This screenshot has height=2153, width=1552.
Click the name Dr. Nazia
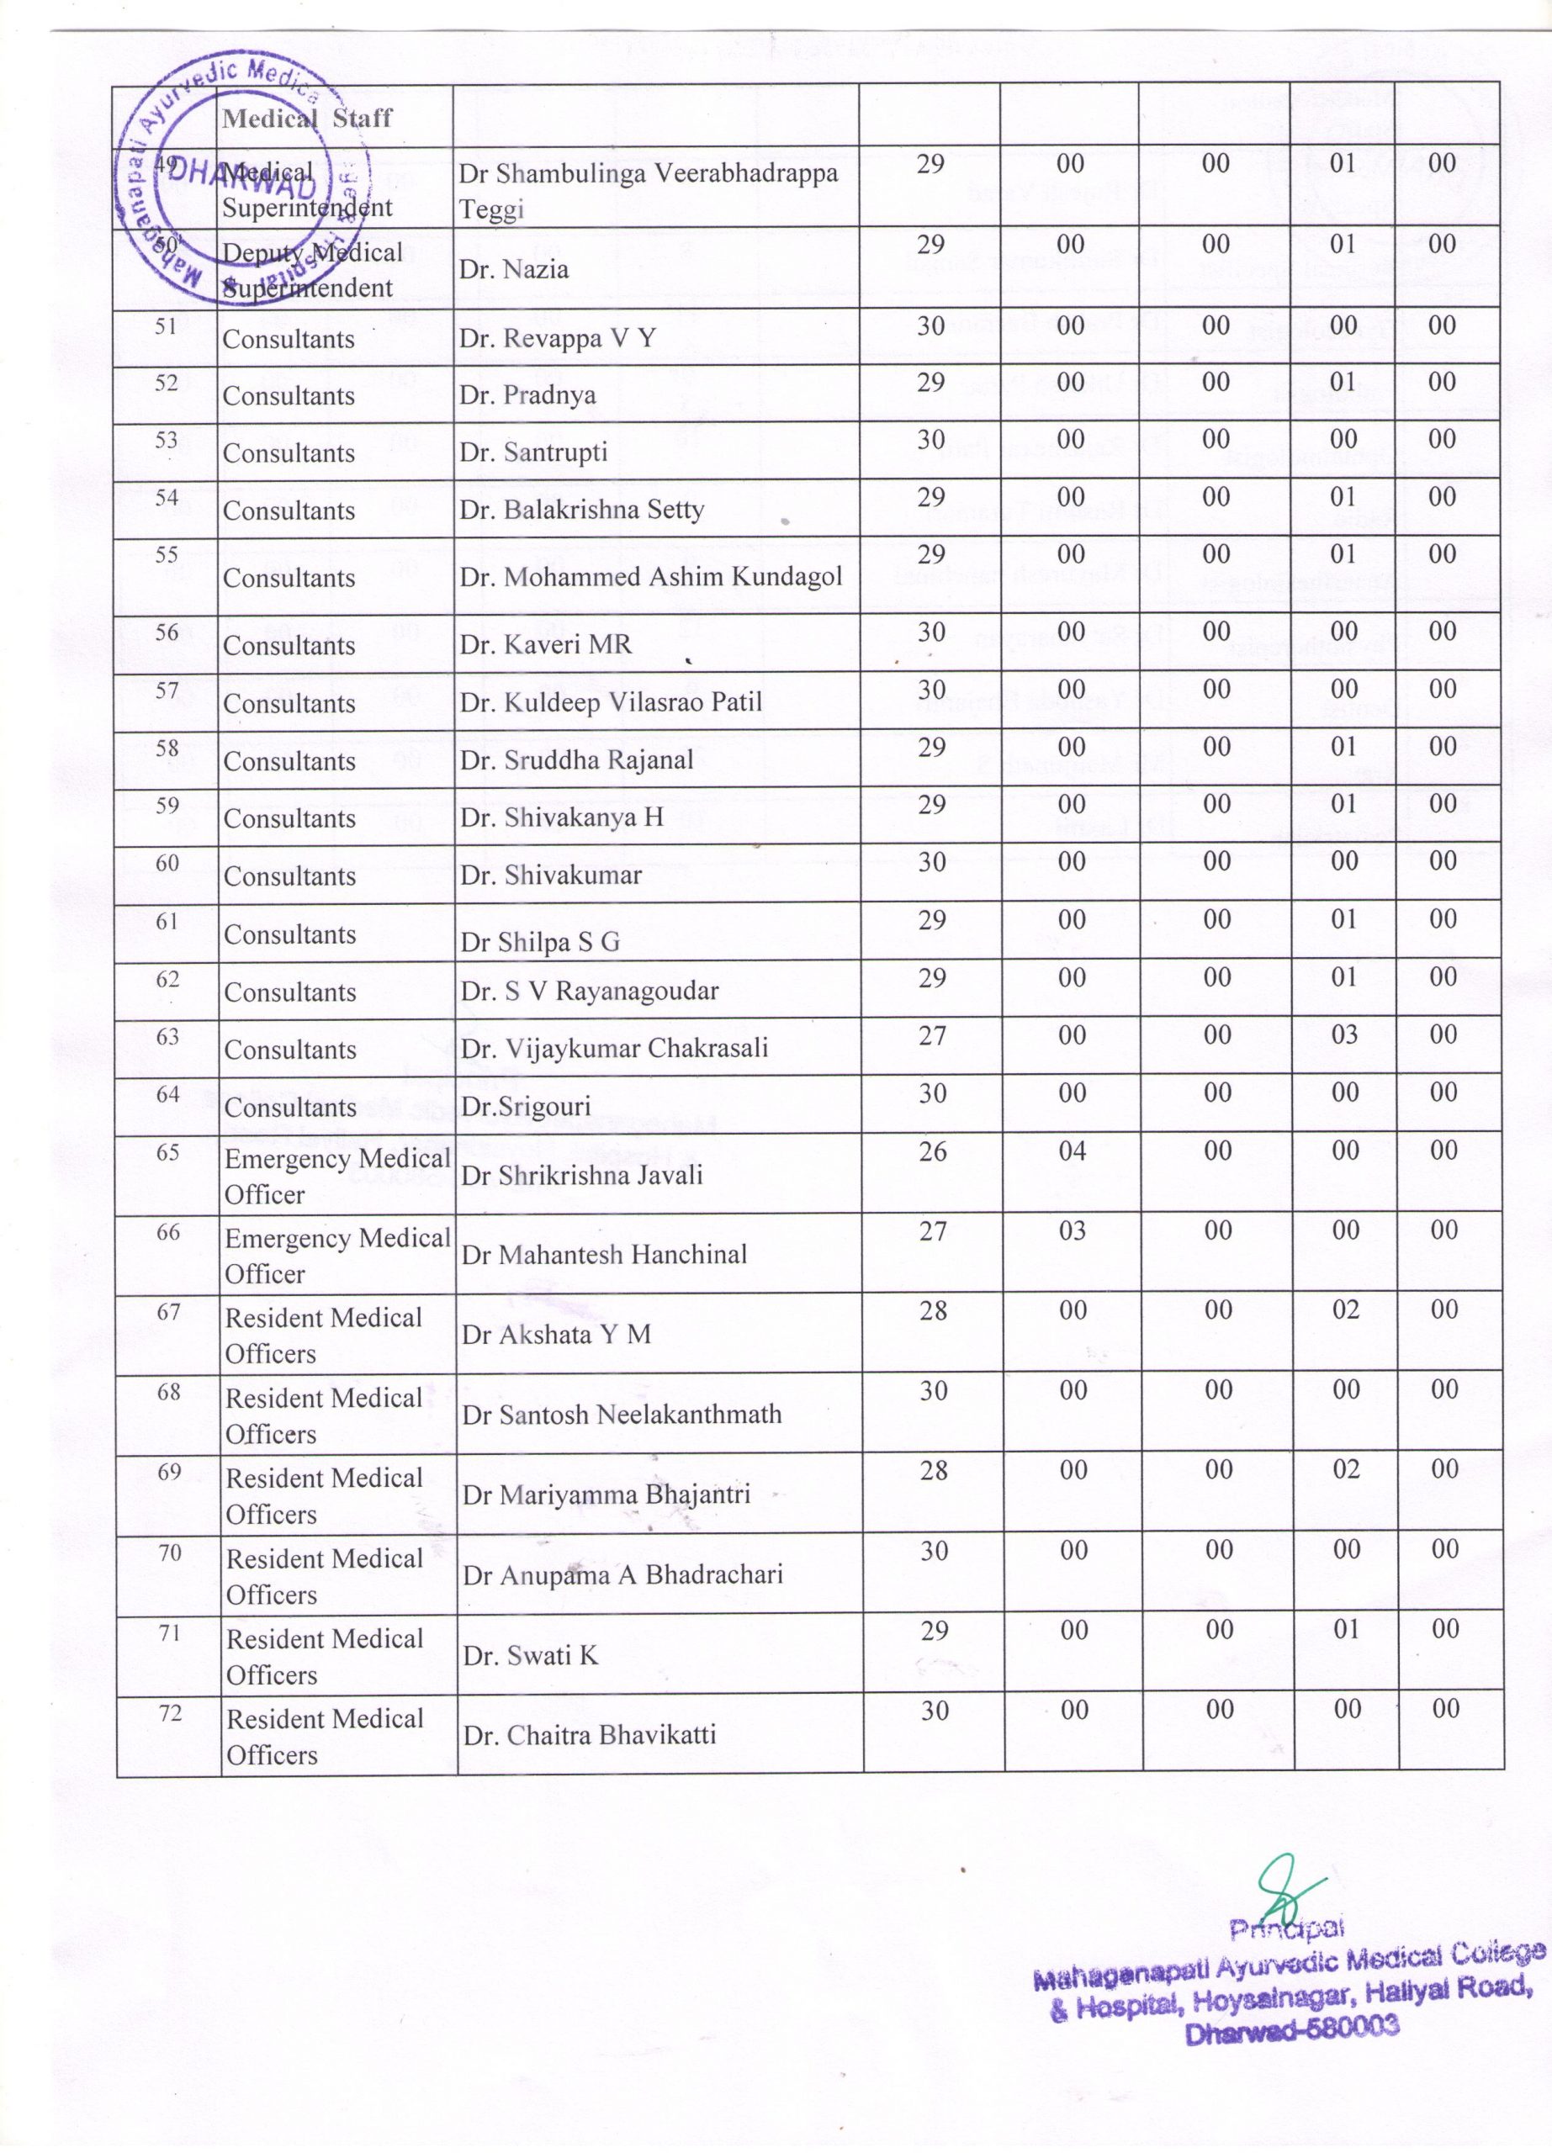pyautogui.click(x=513, y=270)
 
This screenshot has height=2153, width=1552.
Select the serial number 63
pyautogui.click(x=167, y=1037)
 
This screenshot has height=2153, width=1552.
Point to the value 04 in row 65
pyautogui.click(x=1072, y=1151)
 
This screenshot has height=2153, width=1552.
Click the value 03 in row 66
pyautogui.click(x=1072, y=1231)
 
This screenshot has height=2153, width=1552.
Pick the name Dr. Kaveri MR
pyautogui.click(x=546, y=644)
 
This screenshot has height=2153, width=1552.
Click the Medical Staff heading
pyautogui.click(x=306, y=118)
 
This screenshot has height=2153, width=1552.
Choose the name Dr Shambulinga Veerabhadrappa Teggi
pyautogui.click(x=649, y=191)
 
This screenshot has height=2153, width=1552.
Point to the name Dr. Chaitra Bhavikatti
pyautogui.click(x=590, y=1735)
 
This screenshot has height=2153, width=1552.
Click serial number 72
pyautogui.click(x=170, y=1713)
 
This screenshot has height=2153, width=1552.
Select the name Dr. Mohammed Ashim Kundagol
pyautogui.click(x=651, y=577)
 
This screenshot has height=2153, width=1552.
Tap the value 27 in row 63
pyautogui.click(x=932, y=1035)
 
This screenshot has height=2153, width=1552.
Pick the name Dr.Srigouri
pyautogui.click(x=526, y=1106)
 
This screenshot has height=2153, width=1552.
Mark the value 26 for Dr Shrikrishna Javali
pyautogui.click(x=933, y=1151)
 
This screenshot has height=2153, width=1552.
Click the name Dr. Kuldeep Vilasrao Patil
pyautogui.click(x=612, y=702)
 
